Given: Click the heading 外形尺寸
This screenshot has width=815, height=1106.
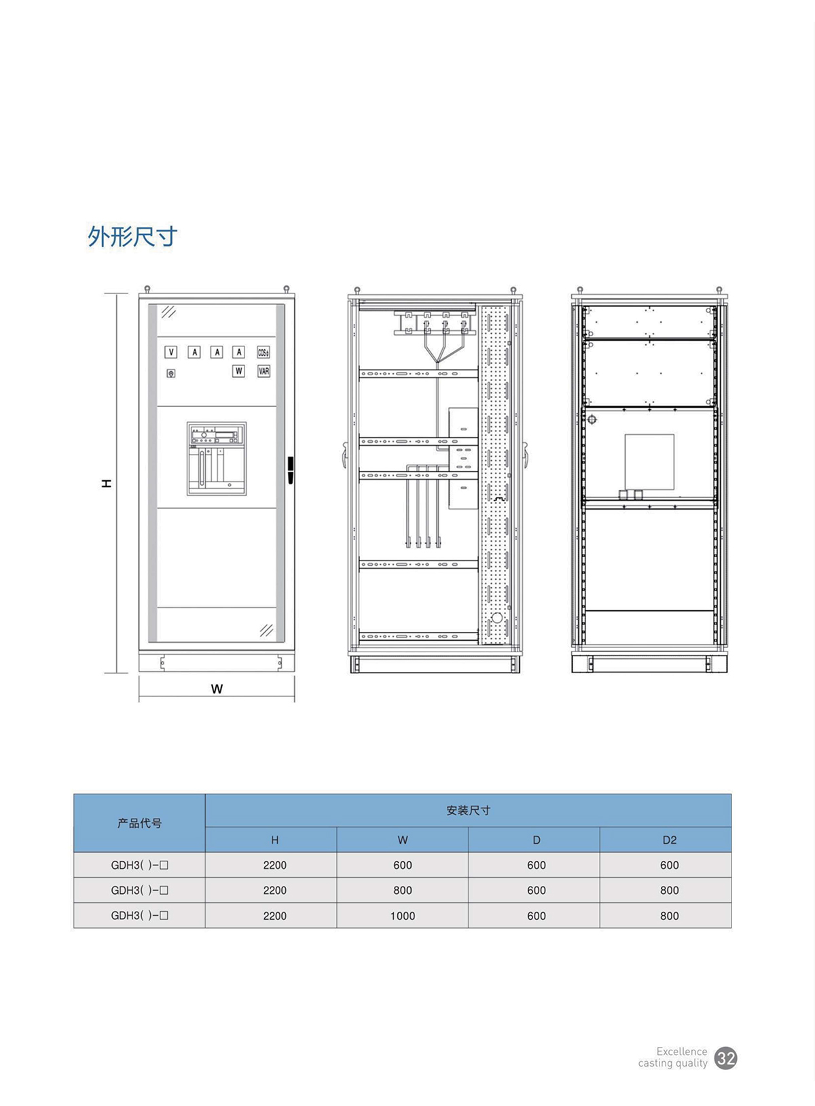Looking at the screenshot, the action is click(132, 236).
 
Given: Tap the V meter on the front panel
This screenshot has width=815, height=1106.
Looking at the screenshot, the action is click(170, 352).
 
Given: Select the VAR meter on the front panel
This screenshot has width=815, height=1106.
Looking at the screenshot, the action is click(264, 371).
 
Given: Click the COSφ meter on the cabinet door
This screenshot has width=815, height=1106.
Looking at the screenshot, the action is click(264, 352).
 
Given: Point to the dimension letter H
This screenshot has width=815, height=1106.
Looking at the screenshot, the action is click(106, 484).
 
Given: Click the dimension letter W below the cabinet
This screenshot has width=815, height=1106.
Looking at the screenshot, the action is click(217, 689).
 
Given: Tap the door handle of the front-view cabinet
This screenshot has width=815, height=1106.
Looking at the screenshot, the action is click(291, 470).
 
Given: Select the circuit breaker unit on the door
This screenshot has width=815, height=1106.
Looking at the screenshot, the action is click(217, 459).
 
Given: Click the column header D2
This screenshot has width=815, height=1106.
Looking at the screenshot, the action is click(670, 840).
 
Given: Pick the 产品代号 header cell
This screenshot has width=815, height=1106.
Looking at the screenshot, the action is click(139, 823).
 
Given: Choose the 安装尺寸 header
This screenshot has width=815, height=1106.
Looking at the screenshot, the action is click(468, 810).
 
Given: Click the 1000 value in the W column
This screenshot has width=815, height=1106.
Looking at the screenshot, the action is click(403, 916).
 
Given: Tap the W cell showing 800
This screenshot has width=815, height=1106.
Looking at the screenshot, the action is click(403, 890).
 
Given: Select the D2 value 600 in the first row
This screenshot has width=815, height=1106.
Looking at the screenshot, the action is click(670, 865).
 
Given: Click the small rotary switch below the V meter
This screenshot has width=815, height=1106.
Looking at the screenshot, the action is click(170, 373).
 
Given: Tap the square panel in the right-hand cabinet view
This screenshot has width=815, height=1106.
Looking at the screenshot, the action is click(649, 463).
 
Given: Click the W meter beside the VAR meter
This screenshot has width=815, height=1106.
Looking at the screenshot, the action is click(239, 371).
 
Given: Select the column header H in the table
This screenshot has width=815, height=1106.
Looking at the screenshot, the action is click(275, 840).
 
